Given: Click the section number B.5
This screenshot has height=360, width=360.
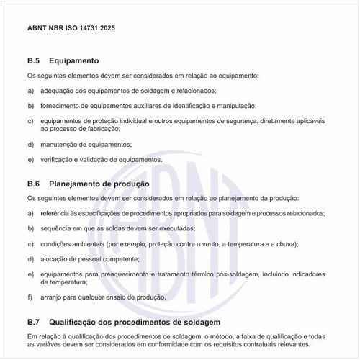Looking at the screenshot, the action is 34,61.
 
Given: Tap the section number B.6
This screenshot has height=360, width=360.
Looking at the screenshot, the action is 34,183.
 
